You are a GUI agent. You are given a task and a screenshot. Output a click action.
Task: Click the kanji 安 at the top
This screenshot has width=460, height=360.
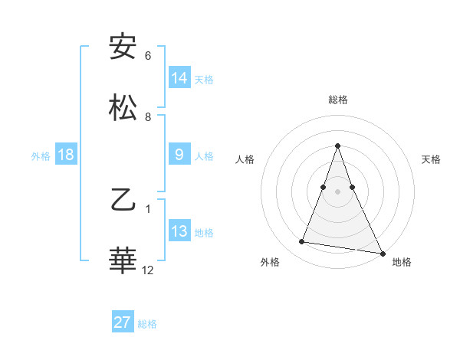123,47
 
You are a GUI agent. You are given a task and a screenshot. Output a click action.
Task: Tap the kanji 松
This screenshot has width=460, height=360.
123,106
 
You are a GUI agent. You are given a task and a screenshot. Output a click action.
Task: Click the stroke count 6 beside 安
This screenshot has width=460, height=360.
148,56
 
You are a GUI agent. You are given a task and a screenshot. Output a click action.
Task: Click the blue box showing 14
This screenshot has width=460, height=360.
179,77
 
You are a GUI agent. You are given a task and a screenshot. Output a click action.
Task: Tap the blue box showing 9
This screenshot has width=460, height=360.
179,155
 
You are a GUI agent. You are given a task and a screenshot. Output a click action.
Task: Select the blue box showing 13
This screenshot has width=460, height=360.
179,231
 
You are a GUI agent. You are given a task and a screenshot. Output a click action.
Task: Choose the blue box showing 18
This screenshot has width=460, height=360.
66,155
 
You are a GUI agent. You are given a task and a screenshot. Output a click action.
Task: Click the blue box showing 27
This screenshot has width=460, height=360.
123,322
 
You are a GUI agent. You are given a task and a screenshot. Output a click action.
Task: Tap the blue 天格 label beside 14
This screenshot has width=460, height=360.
204,79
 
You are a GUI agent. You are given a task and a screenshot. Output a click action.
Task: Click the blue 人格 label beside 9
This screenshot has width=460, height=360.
204,156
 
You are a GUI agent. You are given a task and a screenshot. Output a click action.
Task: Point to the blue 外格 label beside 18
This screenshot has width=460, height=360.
41,156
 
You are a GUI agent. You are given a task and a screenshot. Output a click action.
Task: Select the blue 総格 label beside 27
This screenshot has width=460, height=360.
147,324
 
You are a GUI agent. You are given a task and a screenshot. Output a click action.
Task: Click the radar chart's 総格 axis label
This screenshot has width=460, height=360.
337,100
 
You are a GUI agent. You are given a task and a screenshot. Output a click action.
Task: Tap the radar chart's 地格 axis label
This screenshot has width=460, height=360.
402,263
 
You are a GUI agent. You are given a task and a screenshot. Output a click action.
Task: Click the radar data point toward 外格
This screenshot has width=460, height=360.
302,242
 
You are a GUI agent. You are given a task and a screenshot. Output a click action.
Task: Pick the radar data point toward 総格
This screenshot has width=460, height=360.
337,146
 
